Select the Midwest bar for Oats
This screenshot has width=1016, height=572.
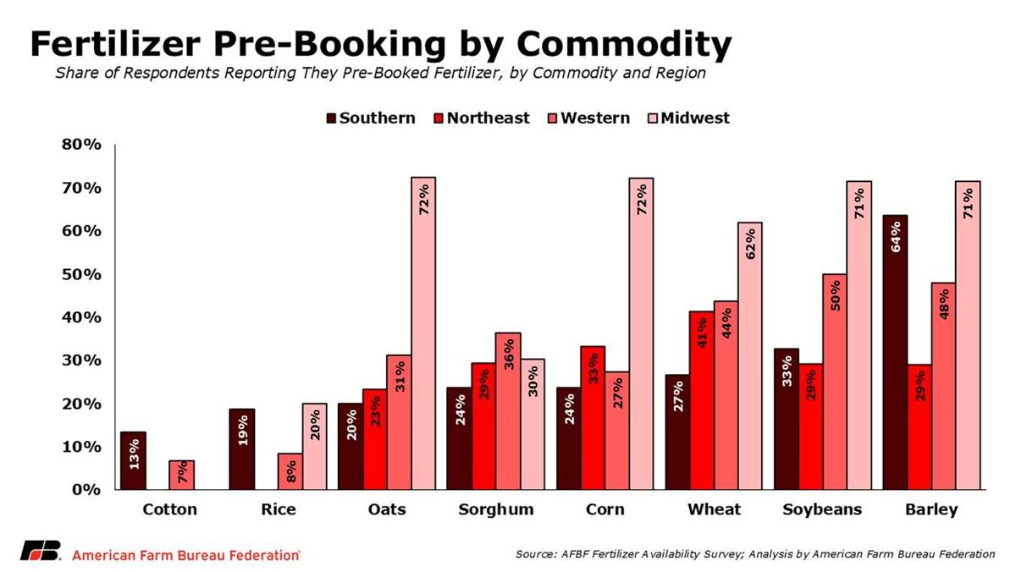pyautogui.click(x=423, y=333)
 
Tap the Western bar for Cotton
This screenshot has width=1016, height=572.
pyautogui.click(x=181, y=475)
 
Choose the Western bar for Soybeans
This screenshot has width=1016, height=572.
pyautogui.click(x=835, y=382)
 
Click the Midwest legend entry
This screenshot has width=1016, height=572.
pyautogui.click(x=687, y=118)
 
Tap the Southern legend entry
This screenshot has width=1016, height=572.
pyautogui.click(x=370, y=118)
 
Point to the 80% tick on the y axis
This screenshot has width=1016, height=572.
pyautogui.click(x=82, y=146)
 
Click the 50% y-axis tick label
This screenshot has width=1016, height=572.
pyautogui.click(x=82, y=275)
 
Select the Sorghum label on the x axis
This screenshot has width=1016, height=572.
pyautogui.click(x=496, y=509)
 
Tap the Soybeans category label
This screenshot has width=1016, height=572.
pyautogui.click(x=822, y=509)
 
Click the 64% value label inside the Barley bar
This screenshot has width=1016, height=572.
pyautogui.click(x=895, y=238)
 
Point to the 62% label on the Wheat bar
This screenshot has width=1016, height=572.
pyautogui.click(x=750, y=245)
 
